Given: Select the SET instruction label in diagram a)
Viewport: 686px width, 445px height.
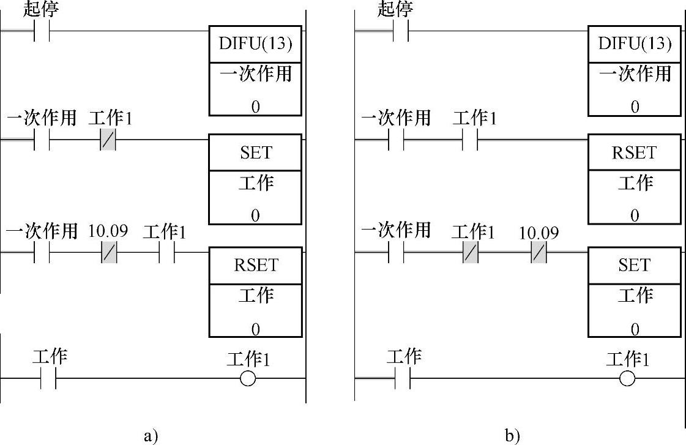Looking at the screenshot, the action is [x=255, y=153].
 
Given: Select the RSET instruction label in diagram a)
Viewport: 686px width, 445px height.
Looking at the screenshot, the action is [x=255, y=266].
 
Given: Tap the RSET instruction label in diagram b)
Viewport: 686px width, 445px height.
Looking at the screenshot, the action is [x=635, y=153].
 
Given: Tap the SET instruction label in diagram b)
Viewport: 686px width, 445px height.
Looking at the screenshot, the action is [x=635, y=266].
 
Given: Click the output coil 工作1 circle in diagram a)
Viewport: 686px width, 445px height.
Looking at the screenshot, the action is [x=248, y=379].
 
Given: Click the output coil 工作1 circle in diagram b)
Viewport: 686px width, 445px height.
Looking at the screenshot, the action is [x=627, y=379].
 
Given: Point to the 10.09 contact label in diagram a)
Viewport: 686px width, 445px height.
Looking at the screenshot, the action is [x=108, y=231].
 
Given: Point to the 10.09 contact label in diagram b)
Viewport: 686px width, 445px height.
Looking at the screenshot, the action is [x=539, y=233].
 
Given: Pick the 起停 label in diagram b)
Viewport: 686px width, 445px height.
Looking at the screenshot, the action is [x=396, y=9].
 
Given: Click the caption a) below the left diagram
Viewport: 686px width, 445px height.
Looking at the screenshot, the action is [x=151, y=436].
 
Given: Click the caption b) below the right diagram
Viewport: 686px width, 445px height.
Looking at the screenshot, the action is [x=512, y=436].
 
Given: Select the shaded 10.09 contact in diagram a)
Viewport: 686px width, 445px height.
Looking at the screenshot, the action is [x=108, y=252].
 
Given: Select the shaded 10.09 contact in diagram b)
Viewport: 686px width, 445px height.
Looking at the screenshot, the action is [x=539, y=252].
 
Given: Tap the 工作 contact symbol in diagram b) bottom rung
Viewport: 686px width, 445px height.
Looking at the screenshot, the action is [x=403, y=379].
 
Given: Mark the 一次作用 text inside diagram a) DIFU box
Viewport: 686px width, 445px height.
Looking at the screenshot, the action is [x=255, y=75].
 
